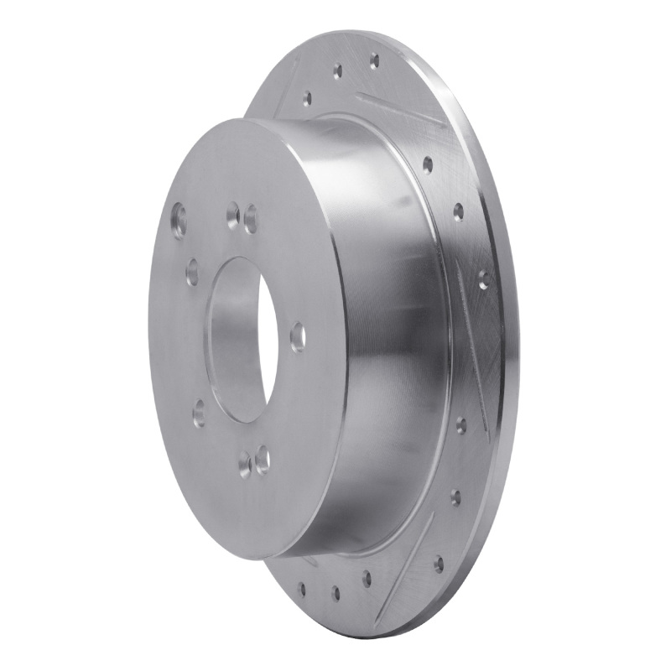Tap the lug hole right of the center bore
[x=297, y=337]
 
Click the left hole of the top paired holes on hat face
[x=232, y=217]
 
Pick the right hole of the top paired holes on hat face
[x=251, y=221]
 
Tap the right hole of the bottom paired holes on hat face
[x=263, y=457]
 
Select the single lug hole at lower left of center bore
[x=199, y=412]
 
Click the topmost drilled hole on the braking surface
[x=373, y=60]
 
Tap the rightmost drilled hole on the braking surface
[x=483, y=278]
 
